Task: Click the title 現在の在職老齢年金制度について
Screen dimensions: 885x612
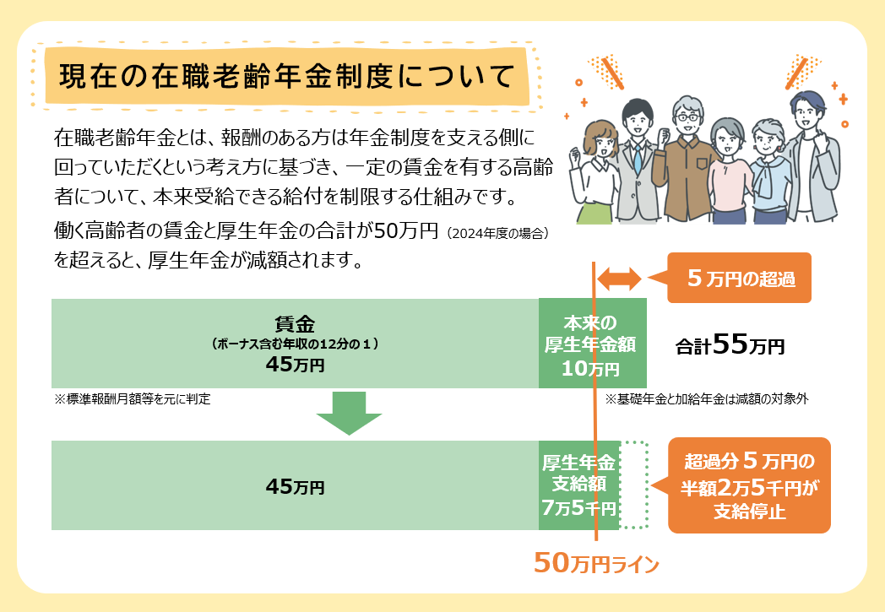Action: (287, 76)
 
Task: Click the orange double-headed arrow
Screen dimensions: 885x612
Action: (619, 279)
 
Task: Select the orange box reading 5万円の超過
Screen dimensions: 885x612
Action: (739, 278)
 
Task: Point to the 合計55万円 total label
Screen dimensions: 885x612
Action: (730, 344)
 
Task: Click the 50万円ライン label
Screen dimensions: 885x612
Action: (596, 562)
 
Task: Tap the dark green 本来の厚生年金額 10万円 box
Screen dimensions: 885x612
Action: (593, 343)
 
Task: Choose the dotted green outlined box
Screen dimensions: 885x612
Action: (634, 485)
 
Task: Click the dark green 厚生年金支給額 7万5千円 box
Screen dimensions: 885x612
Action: (579, 485)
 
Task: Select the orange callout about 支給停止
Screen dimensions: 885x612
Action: (749, 485)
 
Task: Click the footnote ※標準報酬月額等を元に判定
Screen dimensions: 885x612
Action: (132, 398)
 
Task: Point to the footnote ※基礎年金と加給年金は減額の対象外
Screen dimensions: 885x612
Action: (707, 398)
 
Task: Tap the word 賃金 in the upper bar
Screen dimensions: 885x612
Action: (295, 324)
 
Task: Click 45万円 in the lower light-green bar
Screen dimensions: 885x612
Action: (295, 486)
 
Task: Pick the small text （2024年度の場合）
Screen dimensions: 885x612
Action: (497, 234)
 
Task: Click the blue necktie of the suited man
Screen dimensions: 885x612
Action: (638, 159)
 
